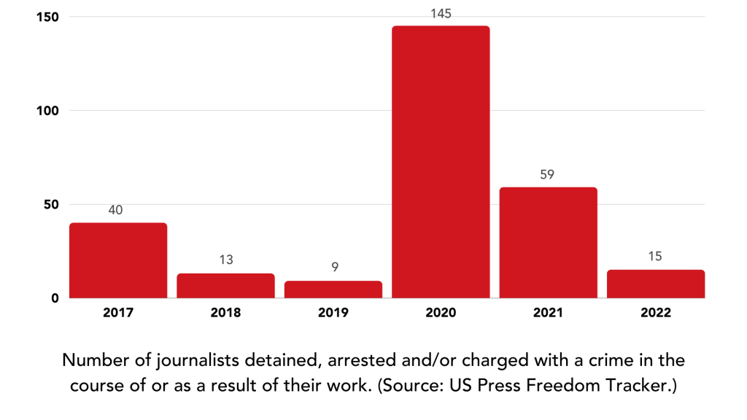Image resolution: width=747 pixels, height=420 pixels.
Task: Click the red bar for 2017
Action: (118, 260)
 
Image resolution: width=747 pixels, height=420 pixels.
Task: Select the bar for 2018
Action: (225, 286)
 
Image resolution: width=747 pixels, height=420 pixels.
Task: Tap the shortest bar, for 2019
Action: (333, 289)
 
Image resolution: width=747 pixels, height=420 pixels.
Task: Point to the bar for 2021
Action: (548, 243)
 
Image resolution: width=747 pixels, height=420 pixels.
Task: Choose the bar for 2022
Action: (656, 284)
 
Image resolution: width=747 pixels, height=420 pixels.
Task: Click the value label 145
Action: (441, 14)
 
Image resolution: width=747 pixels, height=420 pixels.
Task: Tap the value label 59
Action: (548, 175)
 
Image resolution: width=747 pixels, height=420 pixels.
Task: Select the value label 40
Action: (116, 210)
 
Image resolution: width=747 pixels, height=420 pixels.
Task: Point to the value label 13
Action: (225, 260)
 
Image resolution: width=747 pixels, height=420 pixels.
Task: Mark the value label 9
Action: (333, 268)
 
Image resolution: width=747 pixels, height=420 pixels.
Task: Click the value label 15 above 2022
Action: (656, 257)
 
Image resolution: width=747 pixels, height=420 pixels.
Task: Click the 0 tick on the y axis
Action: (54, 298)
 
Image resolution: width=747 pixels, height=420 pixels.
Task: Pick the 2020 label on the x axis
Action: (441, 314)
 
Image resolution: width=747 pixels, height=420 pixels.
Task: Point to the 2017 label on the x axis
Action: (117, 314)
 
